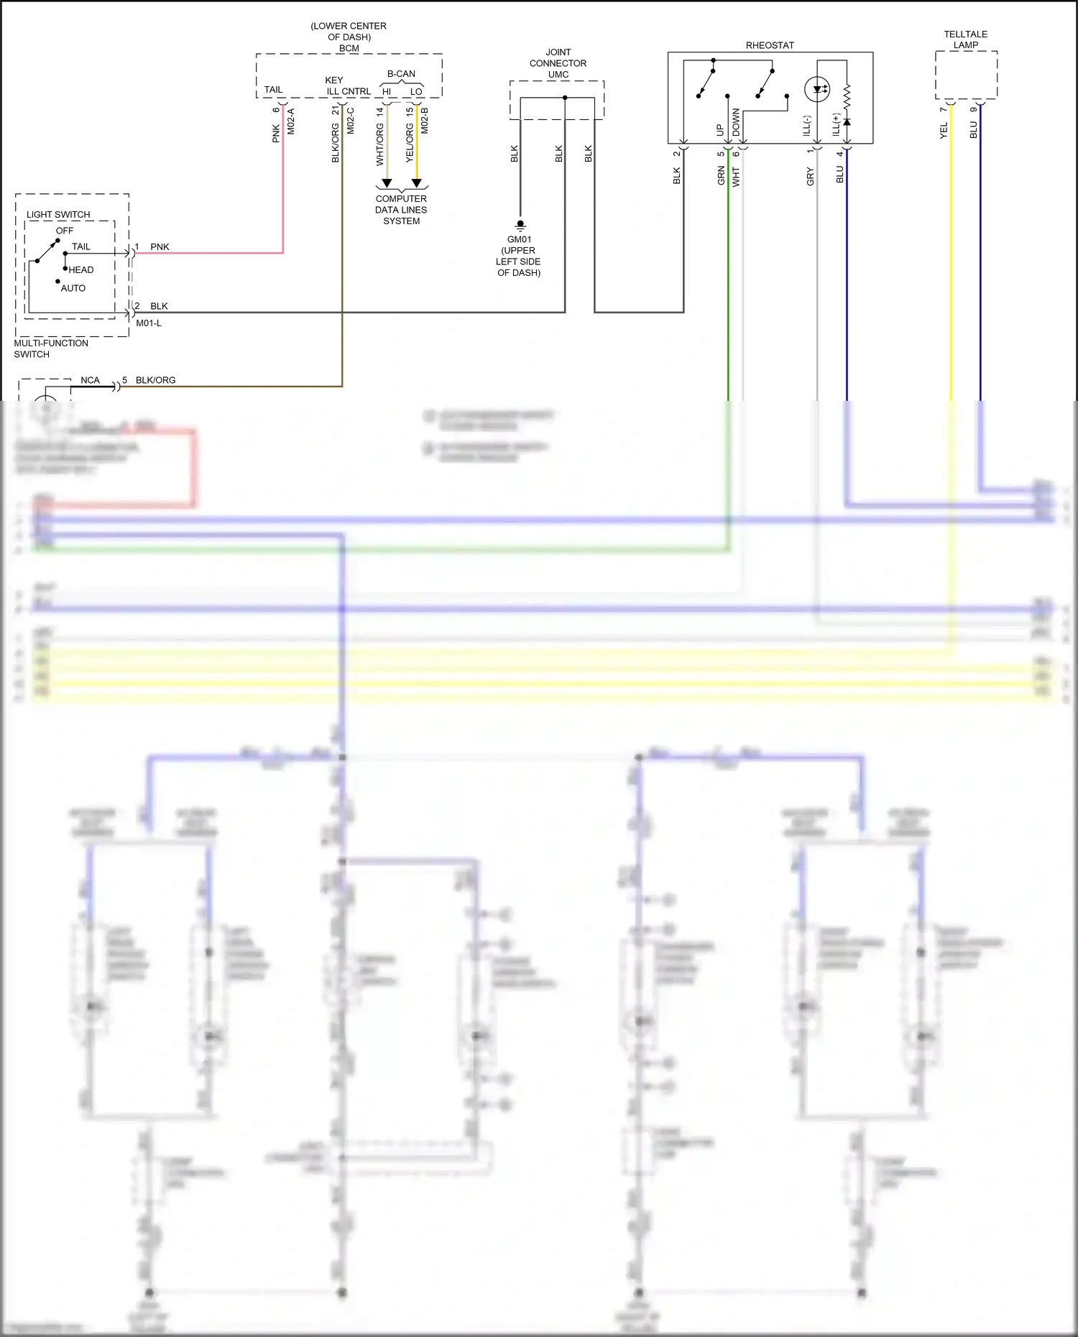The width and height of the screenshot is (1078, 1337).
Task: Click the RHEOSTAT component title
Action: point(770,45)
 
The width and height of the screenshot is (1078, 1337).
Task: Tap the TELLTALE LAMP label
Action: point(965,40)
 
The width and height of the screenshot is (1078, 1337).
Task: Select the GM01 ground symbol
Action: point(520,225)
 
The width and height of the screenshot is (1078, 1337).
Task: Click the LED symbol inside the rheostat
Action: point(817,90)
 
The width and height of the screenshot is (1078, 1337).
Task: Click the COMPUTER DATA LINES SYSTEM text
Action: point(401,210)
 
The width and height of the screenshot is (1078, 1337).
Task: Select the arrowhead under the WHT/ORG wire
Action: point(387,183)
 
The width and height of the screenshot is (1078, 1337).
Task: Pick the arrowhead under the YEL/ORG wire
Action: point(416,183)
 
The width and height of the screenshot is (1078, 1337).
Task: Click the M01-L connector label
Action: point(149,323)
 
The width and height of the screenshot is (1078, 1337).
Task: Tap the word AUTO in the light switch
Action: point(73,288)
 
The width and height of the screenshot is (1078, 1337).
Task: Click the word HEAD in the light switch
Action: point(81,270)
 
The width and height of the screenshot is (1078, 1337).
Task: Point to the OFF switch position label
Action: point(65,231)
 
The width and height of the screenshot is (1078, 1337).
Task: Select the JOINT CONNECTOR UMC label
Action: point(558,63)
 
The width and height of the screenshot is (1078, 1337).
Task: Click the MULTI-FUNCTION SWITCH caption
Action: point(51,348)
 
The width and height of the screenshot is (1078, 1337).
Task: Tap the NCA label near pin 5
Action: point(90,380)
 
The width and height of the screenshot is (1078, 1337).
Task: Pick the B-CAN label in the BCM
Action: point(401,74)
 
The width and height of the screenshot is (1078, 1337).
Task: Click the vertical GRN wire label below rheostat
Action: point(721,176)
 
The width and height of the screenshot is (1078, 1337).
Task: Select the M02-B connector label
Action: point(425,121)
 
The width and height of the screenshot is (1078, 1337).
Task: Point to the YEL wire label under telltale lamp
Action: point(944,130)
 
